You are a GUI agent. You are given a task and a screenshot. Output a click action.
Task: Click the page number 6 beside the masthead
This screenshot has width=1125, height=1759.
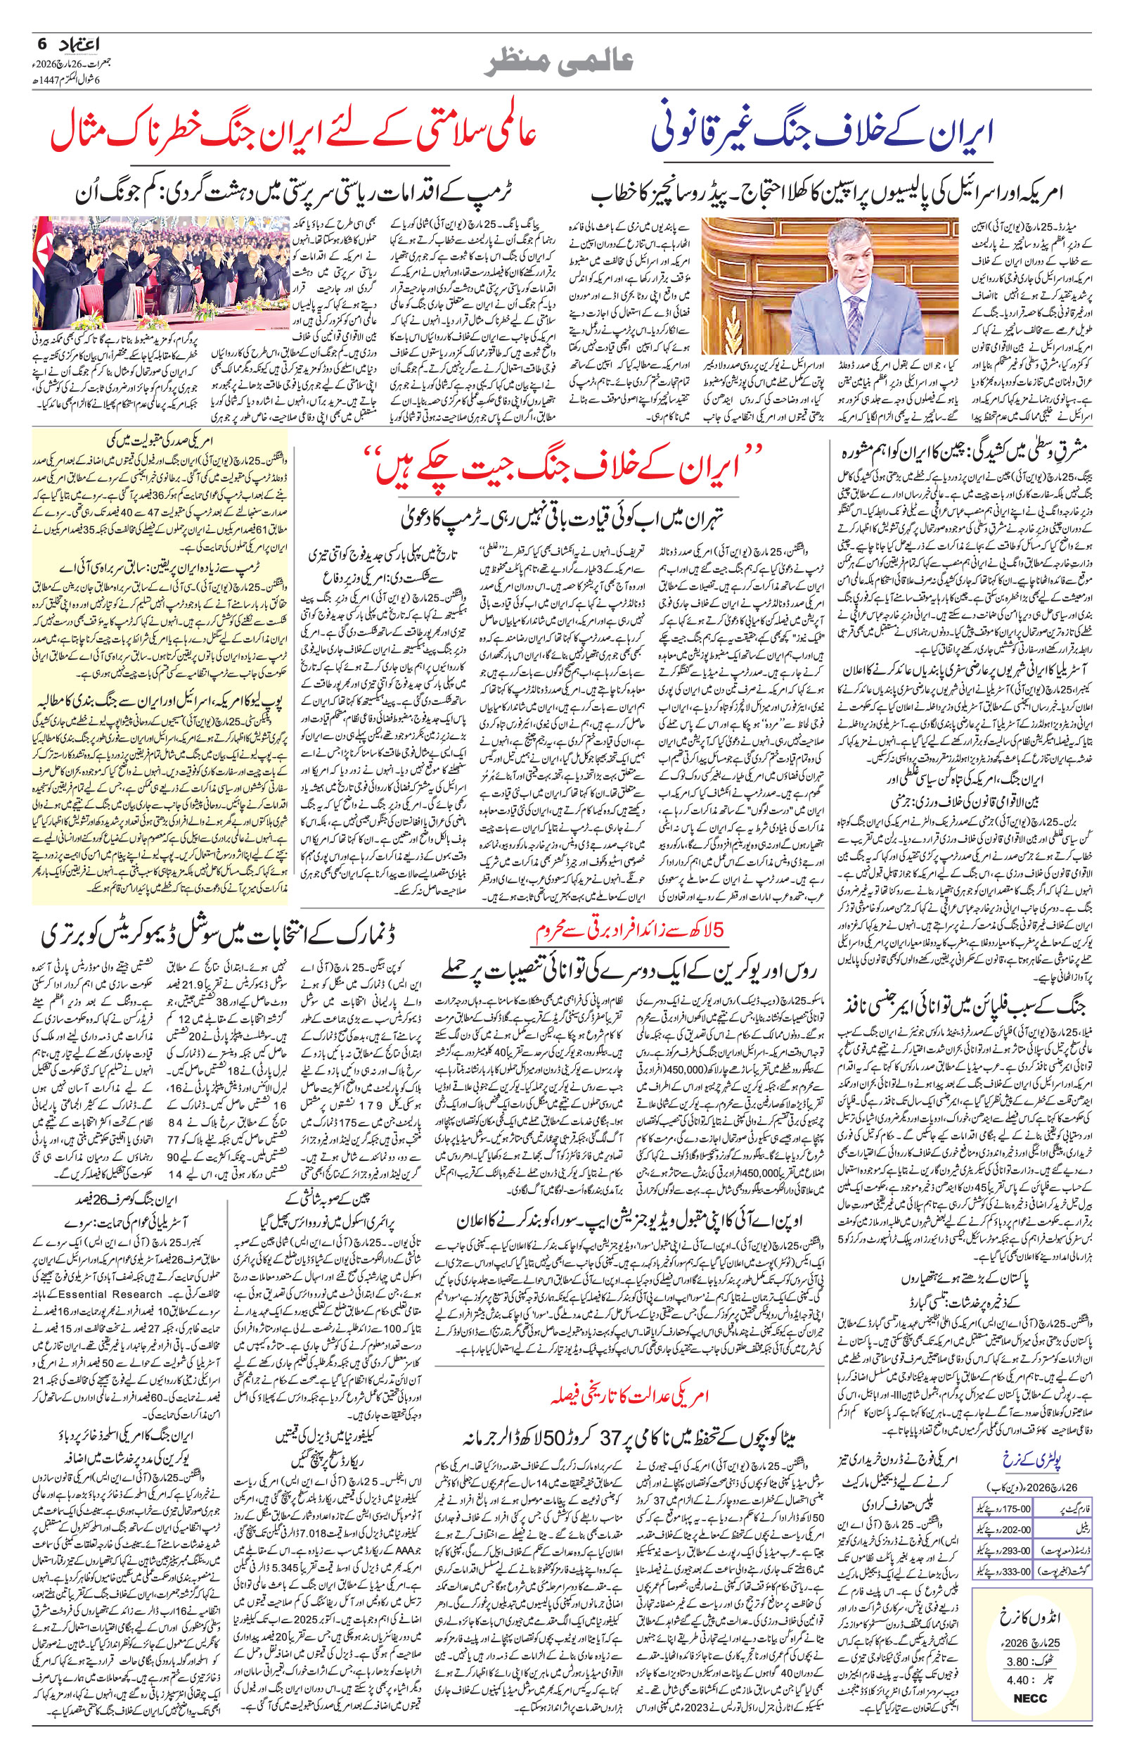pyautogui.click(x=41, y=44)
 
